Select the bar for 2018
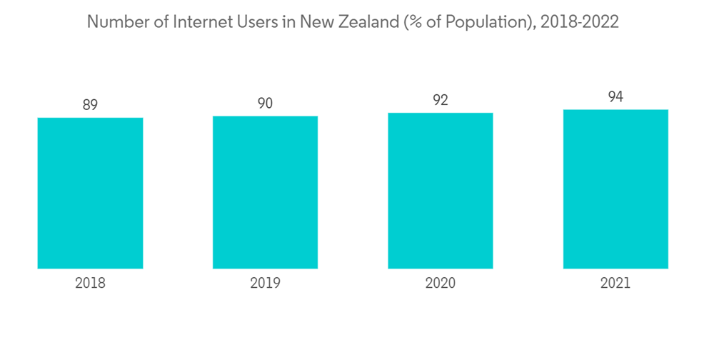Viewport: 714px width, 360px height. (x=90, y=193)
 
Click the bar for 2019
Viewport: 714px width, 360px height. (x=265, y=192)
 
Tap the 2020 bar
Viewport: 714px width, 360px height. (x=441, y=191)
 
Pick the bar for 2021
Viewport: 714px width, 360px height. (x=615, y=189)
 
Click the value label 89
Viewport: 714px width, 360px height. (x=90, y=105)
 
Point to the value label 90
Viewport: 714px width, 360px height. (x=265, y=104)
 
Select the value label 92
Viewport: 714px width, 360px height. (x=441, y=100)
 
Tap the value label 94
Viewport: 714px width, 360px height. (x=615, y=97)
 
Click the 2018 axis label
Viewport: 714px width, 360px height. (x=90, y=284)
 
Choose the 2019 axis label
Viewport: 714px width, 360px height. (x=265, y=284)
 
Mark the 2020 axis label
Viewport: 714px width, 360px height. (x=441, y=284)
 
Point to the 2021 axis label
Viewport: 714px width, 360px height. (x=615, y=284)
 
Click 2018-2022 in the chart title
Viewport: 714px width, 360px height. (x=579, y=23)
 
